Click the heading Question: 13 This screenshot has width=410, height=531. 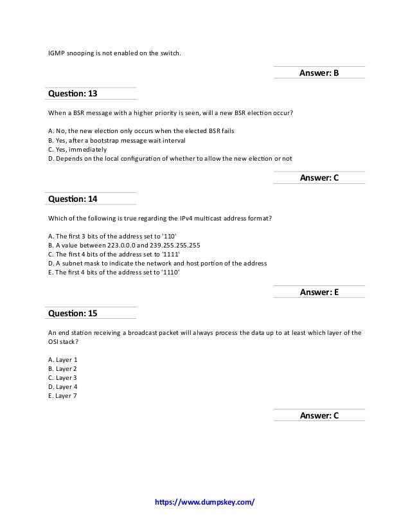coord(73,94)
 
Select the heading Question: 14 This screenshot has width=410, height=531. coord(73,199)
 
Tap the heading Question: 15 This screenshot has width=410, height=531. coord(73,313)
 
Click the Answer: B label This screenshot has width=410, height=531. coord(319,73)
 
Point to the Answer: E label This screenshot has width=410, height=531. coord(319,292)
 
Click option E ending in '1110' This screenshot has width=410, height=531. coord(114,271)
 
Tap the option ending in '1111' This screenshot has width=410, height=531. coord(114,253)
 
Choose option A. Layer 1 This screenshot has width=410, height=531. coord(63,359)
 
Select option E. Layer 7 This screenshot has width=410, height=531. coord(63,395)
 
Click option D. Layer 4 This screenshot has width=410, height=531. coord(63,386)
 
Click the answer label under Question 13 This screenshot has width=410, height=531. coord(319,178)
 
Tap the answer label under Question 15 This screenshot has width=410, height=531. coord(319,416)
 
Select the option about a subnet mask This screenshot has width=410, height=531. coord(157,262)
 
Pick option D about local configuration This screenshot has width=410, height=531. coord(170,157)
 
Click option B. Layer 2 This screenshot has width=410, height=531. coord(63,368)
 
